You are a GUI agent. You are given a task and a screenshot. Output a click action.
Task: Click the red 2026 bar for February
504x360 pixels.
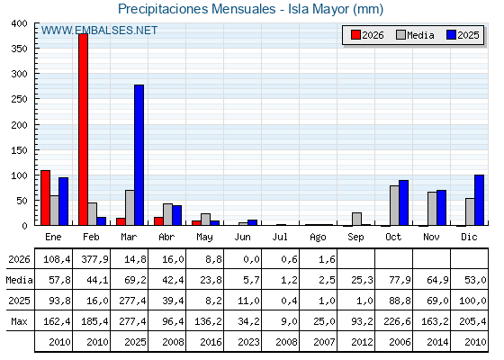point(83,130)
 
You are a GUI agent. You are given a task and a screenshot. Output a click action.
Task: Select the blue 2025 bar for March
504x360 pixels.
point(139,155)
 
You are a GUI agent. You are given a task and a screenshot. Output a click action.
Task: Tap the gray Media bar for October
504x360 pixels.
point(394,205)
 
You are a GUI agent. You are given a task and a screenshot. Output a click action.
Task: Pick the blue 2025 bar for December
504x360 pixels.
point(479,200)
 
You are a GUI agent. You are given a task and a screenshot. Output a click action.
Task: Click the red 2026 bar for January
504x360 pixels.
point(45,198)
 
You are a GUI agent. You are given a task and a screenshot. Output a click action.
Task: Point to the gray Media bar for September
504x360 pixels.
point(356,219)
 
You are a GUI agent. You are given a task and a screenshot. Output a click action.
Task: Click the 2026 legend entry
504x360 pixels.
point(367,35)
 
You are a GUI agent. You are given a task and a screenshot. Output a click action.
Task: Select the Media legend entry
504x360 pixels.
point(415,35)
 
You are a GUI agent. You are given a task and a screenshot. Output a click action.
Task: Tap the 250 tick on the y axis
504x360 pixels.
point(19,99)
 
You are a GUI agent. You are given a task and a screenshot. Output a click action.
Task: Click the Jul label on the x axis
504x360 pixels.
point(280,237)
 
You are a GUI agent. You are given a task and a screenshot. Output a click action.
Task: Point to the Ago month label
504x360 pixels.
point(318,238)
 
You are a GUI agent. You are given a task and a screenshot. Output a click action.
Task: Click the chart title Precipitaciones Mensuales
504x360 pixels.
point(197,9)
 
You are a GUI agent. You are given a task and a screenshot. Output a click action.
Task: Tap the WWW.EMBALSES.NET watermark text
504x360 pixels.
point(99,31)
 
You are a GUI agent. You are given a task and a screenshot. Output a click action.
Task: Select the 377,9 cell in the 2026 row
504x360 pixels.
point(94,259)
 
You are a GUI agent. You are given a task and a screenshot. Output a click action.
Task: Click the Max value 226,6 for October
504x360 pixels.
point(397,321)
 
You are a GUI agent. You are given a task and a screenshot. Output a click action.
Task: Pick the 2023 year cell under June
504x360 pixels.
point(248,342)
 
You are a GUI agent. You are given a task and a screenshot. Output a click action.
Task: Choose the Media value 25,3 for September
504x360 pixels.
point(362,280)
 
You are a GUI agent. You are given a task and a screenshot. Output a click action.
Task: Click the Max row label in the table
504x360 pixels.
point(19,321)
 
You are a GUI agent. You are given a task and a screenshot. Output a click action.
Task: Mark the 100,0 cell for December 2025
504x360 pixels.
point(472,301)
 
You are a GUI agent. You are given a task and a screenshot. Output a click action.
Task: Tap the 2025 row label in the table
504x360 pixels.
point(19,301)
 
